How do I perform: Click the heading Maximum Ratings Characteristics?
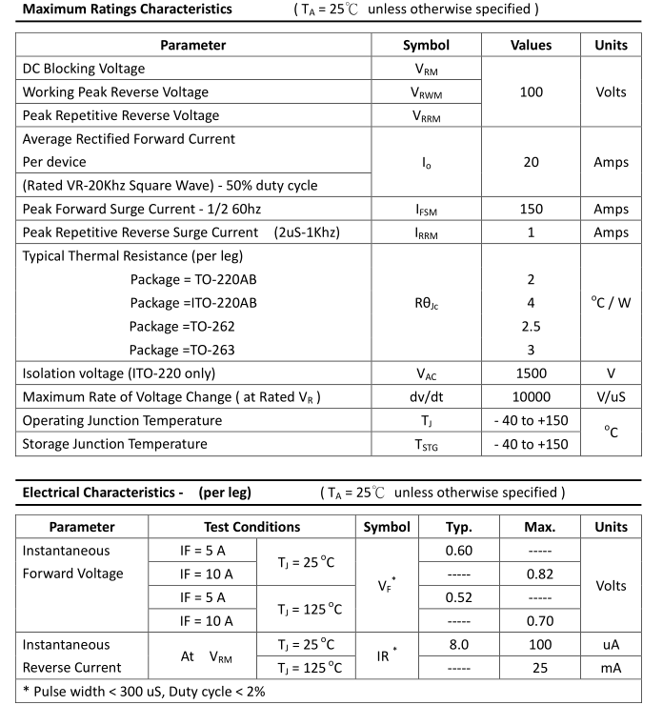(127, 10)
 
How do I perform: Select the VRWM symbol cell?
(426, 92)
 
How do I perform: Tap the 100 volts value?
(531, 92)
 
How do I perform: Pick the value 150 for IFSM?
(531, 209)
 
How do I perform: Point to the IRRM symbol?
(426, 232)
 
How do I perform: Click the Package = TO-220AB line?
(192, 279)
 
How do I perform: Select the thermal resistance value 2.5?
(531, 326)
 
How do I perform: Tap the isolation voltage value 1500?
(531, 373)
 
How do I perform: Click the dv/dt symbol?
(426, 397)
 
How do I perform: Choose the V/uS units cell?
(611, 397)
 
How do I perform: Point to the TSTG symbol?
(426, 444)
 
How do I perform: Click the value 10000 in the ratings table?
(531, 397)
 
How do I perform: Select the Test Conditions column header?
(251, 527)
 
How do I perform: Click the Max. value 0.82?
(540, 574)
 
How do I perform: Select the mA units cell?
(611, 668)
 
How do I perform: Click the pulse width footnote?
(144, 691)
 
